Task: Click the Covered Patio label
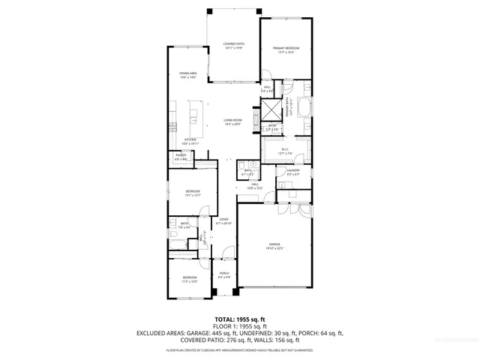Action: [x=234, y=46]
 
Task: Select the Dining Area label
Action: [x=187, y=75]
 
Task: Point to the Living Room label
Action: [x=232, y=121]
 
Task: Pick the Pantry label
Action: [x=181, y=157]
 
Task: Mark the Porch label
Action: [x=223, y=275]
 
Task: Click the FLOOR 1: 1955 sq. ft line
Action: [x=239, y=327]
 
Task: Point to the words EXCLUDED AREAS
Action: [x=160, y=333]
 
